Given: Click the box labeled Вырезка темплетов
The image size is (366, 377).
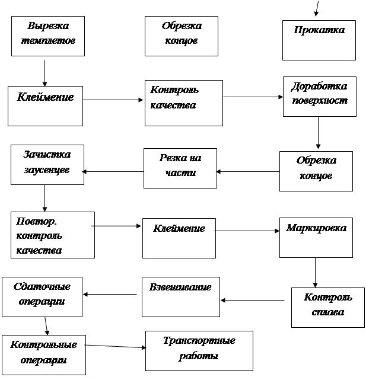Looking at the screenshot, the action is click(x=48, y=36).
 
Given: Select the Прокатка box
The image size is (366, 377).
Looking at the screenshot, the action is click(x=319, y=40).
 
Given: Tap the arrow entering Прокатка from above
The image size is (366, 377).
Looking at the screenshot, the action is click(x=317, y=8).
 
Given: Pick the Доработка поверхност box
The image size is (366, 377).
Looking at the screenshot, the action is click(x=320, y=97).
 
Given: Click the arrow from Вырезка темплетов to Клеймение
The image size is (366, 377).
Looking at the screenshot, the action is click(x=44, y=73).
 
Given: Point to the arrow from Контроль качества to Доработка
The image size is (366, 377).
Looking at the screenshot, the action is click(x=253, y=97).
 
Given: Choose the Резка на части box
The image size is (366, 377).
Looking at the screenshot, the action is click(x=180, y=168).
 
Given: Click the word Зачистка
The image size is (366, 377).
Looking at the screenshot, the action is click(x=47, y=154).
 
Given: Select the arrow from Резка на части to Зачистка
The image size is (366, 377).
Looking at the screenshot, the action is click(x=113, y=172).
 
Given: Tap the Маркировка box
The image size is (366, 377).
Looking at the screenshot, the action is click(x=316, y=238).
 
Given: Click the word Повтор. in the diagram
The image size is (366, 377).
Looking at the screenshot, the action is click(x=36, y=221).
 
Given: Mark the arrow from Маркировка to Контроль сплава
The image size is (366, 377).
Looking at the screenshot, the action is click(x=315, y=273).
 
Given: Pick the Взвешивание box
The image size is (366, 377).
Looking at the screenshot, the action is click(x=181, y=297).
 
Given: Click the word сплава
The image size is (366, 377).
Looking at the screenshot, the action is click(x=328, y=312).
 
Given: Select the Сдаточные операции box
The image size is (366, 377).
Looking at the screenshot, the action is click(x=42, y=297).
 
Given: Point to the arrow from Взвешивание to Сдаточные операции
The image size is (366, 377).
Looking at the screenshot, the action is click(x=110, y=294).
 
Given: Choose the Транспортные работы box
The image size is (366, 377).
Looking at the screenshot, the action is click(x=199, y=351).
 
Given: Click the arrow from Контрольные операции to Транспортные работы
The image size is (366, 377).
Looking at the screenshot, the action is click(x=116, y=346).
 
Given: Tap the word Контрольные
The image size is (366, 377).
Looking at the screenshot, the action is click(x=43, y=345).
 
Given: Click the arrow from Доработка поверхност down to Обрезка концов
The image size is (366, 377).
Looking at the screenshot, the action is click(x=318, y=133).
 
